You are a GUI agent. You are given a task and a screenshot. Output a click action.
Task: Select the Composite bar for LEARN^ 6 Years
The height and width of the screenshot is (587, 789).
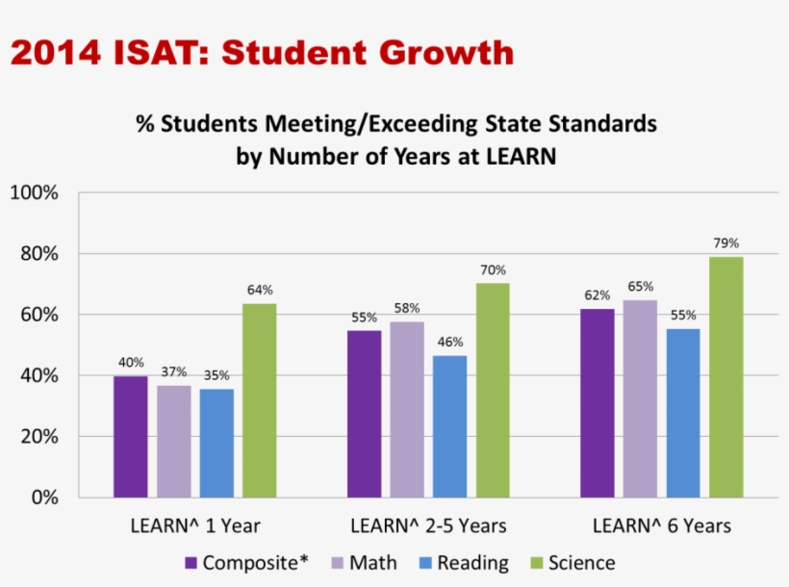597,403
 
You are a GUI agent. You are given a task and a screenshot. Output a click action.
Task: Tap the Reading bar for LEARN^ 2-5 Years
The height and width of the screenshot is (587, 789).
449,426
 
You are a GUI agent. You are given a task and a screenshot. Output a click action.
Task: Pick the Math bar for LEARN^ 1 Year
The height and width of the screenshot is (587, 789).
174,441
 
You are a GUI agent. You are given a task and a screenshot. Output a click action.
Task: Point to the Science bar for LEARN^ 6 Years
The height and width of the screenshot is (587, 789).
725,377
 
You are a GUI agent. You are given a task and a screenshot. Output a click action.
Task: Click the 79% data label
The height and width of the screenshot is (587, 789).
726,243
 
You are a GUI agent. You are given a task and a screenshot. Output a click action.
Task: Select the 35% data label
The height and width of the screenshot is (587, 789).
216,376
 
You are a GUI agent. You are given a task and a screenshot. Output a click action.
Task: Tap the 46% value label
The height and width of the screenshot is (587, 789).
449,342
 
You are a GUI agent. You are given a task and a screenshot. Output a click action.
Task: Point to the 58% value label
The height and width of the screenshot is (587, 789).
407,308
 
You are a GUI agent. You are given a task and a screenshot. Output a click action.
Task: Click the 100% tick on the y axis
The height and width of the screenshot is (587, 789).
35,193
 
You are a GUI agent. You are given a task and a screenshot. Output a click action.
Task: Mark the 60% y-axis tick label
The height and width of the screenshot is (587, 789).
39,315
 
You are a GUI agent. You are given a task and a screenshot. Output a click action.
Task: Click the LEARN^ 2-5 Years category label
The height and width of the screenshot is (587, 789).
428,526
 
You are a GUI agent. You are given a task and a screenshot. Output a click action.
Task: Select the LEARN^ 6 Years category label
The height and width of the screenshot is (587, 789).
661,526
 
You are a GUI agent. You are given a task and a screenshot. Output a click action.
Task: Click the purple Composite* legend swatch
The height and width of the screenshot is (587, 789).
191,563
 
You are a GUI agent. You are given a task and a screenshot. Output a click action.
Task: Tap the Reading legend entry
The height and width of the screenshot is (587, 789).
461,563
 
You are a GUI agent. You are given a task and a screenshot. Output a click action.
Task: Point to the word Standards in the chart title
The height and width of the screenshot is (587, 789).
595,124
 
